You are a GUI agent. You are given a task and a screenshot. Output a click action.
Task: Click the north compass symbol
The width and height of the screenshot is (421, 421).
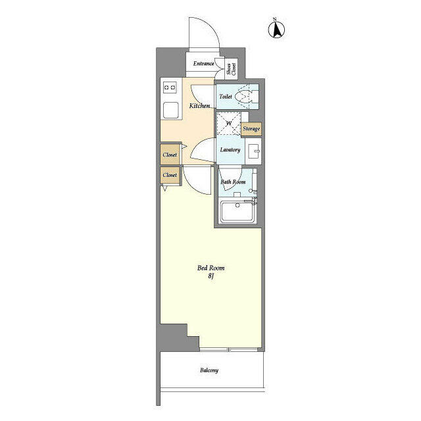278,29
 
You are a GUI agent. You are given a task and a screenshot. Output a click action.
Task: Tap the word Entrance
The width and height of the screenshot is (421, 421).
203,64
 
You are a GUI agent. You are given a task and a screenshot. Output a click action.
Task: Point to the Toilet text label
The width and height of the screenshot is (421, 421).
226,96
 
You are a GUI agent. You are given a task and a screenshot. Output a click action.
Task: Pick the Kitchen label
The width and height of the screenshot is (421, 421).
199,105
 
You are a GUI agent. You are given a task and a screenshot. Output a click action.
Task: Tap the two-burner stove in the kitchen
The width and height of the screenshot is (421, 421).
170,86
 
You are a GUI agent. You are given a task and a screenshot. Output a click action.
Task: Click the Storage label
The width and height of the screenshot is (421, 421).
251,129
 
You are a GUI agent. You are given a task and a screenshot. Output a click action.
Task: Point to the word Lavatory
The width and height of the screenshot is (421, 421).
230,150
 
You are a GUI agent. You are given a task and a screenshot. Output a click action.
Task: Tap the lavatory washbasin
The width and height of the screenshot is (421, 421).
255,151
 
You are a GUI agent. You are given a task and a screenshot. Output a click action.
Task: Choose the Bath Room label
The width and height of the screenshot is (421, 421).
233,182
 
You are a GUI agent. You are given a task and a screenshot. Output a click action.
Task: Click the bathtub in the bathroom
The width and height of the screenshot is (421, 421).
239,212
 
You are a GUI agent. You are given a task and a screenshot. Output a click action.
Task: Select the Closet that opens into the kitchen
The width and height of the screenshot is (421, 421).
170,155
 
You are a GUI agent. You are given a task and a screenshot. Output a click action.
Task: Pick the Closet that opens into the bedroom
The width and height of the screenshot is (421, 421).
170,176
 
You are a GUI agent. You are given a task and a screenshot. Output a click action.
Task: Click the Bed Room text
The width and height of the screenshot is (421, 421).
210,268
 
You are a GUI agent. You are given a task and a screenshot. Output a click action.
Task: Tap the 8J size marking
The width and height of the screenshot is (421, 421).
210,277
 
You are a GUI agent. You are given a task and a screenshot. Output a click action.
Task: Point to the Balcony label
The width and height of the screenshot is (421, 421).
209,370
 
